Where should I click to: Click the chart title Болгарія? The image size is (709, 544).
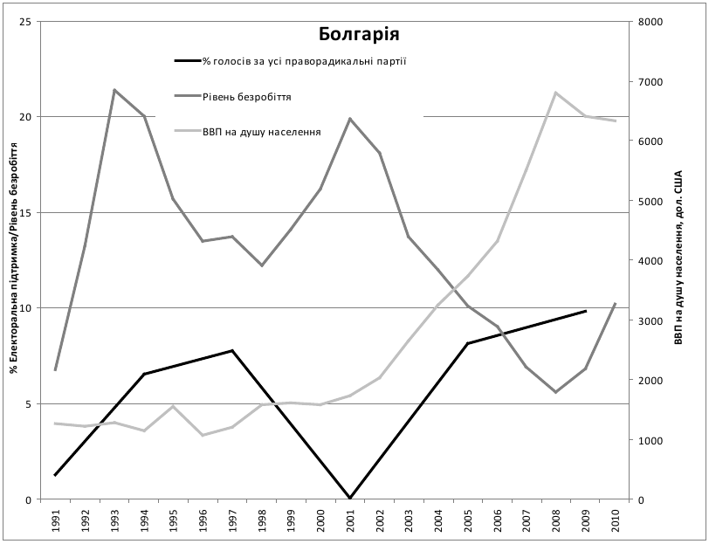[358, 35]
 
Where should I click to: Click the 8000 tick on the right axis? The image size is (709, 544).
[651, 21]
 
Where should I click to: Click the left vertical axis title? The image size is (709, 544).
[14, 260]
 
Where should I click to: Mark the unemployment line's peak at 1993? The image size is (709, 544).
[114, 89]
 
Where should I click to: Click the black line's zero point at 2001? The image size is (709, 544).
[350, 499]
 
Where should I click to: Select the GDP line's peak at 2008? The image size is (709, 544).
[556, 92]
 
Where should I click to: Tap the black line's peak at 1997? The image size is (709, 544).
[232, 350]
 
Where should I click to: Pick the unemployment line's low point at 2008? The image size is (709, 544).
[556, 392]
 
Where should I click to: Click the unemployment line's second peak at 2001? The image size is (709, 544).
[350, 118]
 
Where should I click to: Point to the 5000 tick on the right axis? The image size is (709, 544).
[651, 201]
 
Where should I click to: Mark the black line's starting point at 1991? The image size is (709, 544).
[55, 475]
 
